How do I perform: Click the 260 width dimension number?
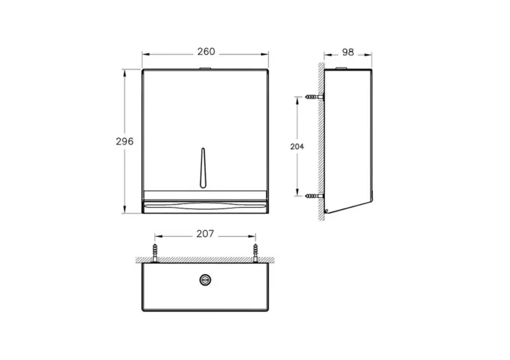pos(206,52)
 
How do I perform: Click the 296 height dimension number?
pos(125,141)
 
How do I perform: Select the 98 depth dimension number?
pos(348,52)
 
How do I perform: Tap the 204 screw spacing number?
pos(297,146)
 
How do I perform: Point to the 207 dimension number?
pos(205,235)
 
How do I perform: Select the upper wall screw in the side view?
pos(313,97)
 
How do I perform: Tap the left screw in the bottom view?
pos(154,251)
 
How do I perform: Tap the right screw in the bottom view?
pos(256,251)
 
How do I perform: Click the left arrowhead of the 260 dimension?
pos(144,53)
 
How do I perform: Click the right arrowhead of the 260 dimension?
pos(266,53)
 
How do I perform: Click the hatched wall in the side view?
pos(320,146)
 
